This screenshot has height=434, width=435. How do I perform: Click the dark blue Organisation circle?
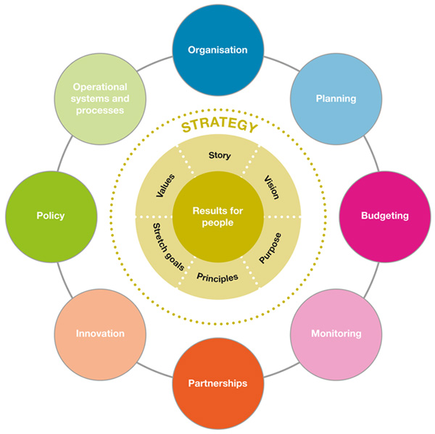click(x=217, y=50)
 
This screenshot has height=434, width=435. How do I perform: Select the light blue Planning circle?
click(x=336, y=99)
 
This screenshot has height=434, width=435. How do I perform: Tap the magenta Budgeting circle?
click(x=385, y=216)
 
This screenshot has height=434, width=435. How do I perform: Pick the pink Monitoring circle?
click(x=336, y=333)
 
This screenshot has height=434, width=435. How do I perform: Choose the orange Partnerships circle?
click(x=217, y=383)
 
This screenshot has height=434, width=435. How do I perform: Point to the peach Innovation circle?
click(x=100, y=333)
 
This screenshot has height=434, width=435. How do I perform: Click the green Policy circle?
click(x=51, y=216)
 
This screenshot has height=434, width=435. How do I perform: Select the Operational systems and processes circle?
click(x=100, y=99)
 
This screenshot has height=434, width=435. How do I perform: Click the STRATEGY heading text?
click(x=218, y=127)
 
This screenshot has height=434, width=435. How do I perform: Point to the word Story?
click(x=220, y=155)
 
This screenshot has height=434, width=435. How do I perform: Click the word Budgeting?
click(x=385, y=216)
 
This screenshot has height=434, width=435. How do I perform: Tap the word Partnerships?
click(x=217, y=383)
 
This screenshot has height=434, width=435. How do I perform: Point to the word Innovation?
click(x=100, y=333)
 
